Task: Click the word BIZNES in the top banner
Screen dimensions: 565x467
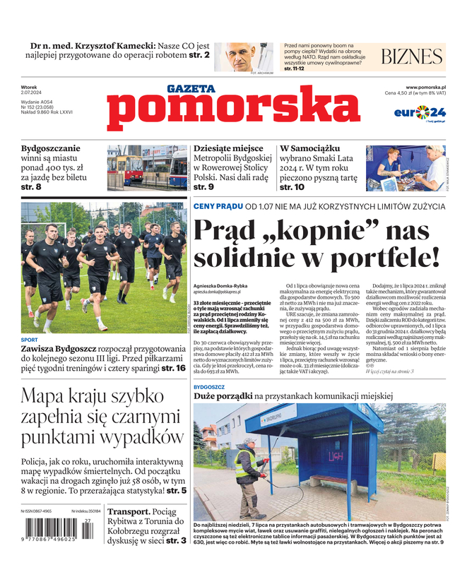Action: coord(412,57)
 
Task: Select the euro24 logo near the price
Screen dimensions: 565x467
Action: coord(420,112)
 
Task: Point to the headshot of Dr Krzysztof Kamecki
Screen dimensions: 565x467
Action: coord(249,58)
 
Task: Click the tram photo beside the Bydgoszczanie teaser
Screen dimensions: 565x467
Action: coord(147,167)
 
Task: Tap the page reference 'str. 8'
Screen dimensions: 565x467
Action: coord(31,187)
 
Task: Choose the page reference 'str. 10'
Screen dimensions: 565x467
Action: coord(292,187)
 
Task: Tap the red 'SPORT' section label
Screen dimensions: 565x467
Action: coord(30,338)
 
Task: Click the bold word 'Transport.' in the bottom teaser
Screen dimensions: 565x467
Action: coord(128,511)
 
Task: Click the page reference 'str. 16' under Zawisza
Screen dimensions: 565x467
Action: coord(173,368)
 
